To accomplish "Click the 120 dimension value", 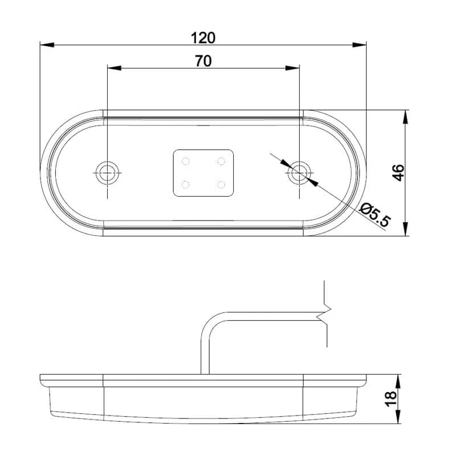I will [203, 38].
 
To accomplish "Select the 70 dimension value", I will [203, 62].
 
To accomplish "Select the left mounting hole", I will [107, 170].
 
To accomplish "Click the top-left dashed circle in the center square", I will [185, 161].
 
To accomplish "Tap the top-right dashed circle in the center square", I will [221, 161].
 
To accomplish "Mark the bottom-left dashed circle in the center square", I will [185, 184].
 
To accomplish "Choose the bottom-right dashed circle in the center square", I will [221, 184].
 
